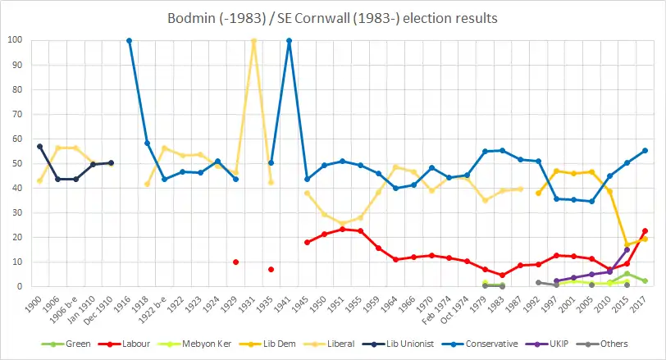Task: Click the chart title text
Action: tap(333, 17)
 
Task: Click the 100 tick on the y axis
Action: tap(14, 40)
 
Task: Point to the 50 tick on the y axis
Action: tap(16, 163)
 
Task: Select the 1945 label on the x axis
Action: tap(305, 303)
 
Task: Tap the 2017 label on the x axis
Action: tap(644, 303)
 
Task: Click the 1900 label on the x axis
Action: tap(38, 303)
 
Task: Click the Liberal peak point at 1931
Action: tap(253, 40)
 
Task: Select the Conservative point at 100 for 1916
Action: tap(129, 40)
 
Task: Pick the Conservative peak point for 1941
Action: tap(289, 40)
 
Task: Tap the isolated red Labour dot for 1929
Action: tap(236, 262)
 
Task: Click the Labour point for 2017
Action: tap(645, 231)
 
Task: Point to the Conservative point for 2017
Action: tap(645, 150)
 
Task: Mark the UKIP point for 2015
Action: tap(627, 249)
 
